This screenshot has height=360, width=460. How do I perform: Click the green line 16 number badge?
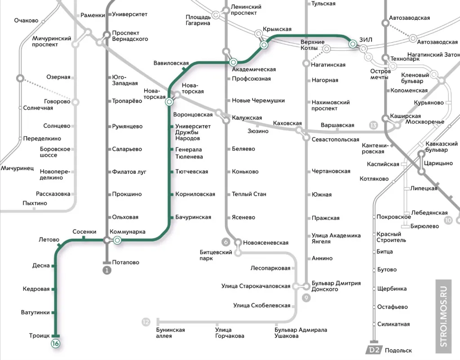(56, 343)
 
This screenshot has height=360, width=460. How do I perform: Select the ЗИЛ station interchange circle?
(353, 44)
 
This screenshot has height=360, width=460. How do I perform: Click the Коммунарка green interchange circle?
(117, 241)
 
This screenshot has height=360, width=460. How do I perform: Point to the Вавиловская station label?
(171, 63)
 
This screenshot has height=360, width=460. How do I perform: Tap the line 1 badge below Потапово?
(106, 270)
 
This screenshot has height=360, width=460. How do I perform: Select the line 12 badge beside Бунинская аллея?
(146, 322)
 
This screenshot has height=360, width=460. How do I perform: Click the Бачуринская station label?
(193, 217)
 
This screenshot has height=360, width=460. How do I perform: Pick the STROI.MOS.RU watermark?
(444, 314)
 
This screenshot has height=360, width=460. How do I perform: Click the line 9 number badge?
(306, 297)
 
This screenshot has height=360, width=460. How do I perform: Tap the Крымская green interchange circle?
(264, 45)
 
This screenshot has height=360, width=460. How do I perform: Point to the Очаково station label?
(26, 21)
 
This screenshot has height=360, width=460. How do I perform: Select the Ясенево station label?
(243, 217)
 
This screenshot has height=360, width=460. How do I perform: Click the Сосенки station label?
(84, 232)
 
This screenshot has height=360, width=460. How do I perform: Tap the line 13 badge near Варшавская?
(373, 125)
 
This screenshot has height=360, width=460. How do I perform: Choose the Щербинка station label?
(392, 289)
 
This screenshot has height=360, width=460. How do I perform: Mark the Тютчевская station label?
(192, 172)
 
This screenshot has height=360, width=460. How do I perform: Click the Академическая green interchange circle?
(233, 62)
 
